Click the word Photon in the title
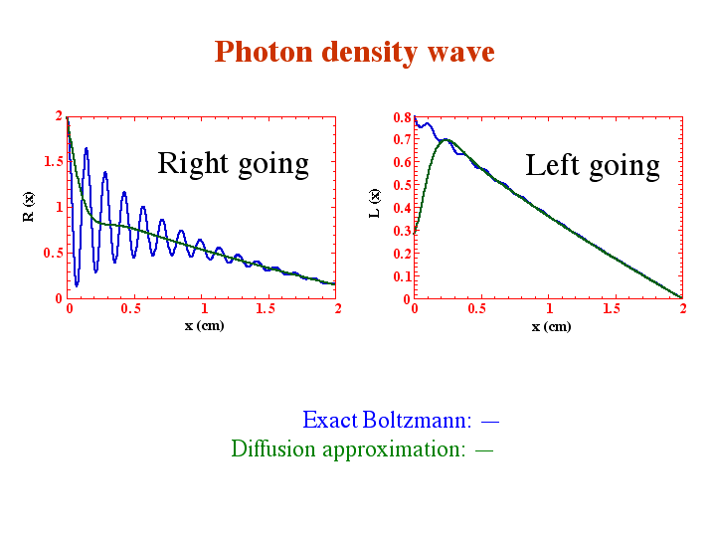264,52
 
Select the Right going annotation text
233,164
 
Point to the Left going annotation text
593,166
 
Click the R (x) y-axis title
28,207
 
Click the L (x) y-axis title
374,203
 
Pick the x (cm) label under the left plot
204,326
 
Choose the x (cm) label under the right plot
551,326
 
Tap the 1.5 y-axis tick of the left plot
54,161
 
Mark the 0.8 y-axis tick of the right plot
402,117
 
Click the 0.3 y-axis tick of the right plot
402,231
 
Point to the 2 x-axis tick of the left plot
338,309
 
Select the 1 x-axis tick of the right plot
550,309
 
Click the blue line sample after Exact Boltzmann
490,422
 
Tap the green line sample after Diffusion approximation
484,450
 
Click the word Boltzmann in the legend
417,420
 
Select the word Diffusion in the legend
273,448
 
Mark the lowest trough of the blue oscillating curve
77,285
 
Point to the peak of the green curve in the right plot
446,139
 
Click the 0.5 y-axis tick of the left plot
54,253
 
